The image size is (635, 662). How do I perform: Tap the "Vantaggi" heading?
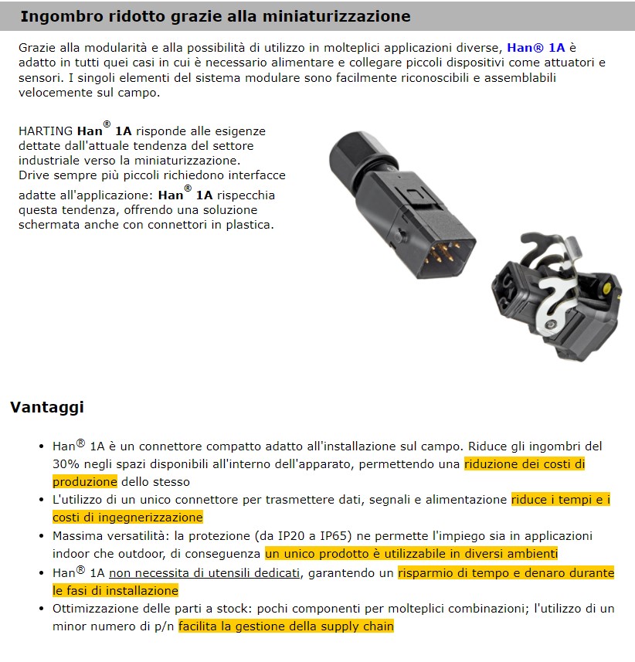(46, 407)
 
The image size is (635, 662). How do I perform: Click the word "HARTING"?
(46, 131)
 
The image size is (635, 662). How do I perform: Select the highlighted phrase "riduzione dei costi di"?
(525, 464)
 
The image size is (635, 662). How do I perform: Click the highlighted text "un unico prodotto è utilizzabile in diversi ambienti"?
(411, 554)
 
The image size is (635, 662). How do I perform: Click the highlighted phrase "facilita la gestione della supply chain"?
(286, 626)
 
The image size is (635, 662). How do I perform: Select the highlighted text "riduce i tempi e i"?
(560, 500)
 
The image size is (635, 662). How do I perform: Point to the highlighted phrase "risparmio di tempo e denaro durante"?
(505, 572)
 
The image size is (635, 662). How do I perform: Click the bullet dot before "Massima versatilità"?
(42, 536)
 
